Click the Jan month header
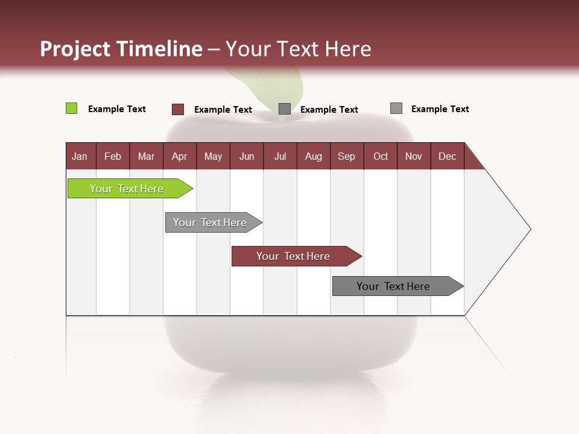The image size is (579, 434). point(80,156)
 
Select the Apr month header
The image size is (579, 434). point(180,156)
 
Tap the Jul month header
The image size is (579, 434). point(280,156)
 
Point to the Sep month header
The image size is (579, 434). point(346,156)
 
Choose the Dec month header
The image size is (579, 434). point(447,156)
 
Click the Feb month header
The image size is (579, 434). point(113,156)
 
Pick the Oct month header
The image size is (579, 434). point(381,156)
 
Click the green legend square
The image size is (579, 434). point(71,108)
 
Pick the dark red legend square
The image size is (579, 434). point(178,109)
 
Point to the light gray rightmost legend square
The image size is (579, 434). point(396,108)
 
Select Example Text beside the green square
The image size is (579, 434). point(117,109)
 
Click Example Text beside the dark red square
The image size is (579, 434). point(223,110)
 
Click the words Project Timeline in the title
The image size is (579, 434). point(121,49)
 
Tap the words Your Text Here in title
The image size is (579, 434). point(298,49)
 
